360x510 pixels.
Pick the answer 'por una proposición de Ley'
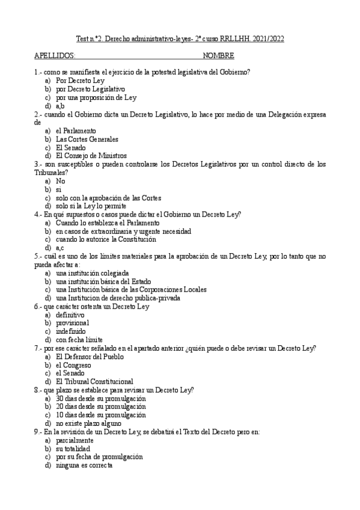(96, 97)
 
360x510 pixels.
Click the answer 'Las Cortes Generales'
(87, 139)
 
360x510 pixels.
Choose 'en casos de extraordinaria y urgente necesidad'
(123, 231)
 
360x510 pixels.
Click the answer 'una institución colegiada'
(92, 273)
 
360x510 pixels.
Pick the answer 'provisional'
(72, 323)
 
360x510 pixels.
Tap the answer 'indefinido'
(71, 331)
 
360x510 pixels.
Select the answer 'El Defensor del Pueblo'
(90, 357)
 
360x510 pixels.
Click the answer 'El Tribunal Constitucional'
(94, 381)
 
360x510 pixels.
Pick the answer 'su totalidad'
(73, 449)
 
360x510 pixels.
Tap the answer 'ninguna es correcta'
(84, 465)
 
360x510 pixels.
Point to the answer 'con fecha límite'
(79, 340)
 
